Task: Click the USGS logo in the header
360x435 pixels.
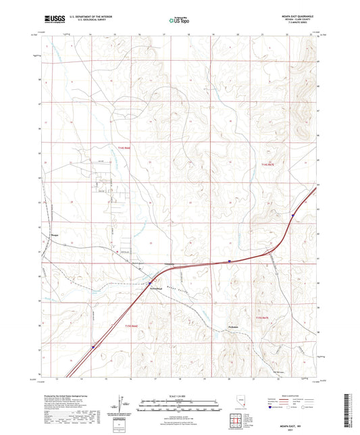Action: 51,20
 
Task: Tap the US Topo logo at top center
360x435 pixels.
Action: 179,20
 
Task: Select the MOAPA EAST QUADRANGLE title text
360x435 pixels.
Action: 297,16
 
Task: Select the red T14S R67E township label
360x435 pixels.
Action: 268,164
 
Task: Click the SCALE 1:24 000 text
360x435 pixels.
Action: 179,395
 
